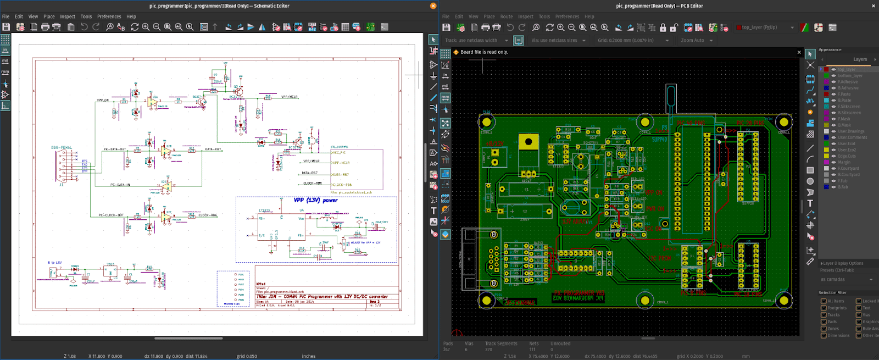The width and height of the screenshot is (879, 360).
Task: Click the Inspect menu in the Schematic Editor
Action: click(68, 16)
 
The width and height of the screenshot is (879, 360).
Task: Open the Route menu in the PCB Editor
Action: click(506, 16)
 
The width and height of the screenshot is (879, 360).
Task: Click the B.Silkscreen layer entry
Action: click(849, 113)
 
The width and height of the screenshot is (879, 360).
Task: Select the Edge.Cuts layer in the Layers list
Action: click(846, 156)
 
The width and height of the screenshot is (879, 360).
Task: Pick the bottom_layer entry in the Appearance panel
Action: click(850, 76)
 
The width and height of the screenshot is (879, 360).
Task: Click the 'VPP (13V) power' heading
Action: click(315, 201)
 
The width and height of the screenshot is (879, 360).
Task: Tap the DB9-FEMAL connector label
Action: click(62, 148)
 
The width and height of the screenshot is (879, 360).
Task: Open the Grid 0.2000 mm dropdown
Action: click(632, 41)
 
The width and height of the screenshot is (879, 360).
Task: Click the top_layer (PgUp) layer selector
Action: click(765, 27)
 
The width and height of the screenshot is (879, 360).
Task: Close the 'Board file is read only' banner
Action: click(799, 52)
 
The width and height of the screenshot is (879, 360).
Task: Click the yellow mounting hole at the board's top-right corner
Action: click(784, 122)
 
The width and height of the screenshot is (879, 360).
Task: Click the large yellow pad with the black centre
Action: click(528, 142)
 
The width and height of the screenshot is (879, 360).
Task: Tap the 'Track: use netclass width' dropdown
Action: click(476, 41)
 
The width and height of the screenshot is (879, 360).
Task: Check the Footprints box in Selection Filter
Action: click(824, 308)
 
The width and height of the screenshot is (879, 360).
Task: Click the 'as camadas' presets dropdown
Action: click(846, 280)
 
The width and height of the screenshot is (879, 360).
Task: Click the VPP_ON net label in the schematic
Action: click(103, 100)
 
